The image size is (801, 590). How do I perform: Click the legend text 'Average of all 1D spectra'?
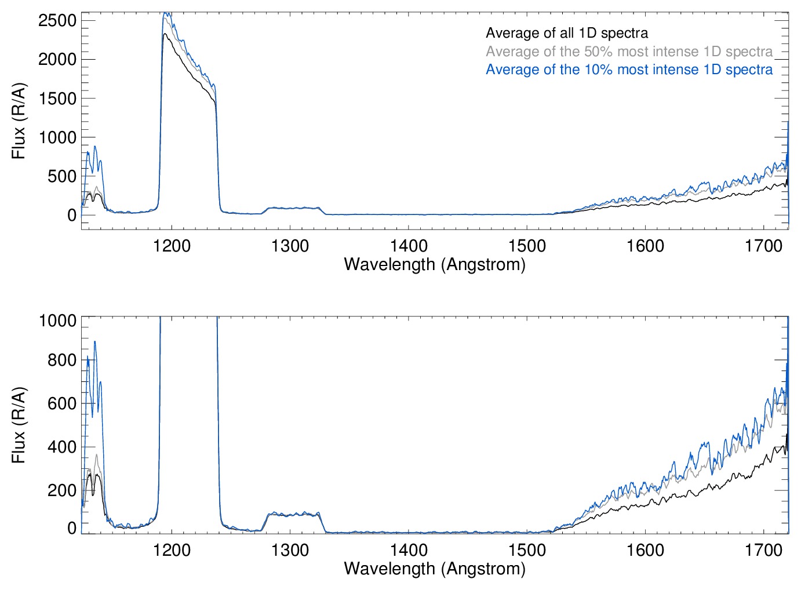pyautogui.click(x=566, y=33)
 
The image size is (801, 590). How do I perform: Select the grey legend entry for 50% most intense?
pyautogui.click(x=629, y=52)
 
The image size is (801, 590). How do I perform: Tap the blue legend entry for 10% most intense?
pyautogui.click(x=629, y=70)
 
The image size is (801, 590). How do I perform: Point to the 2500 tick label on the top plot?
pyautogui.click(x=57, y=20)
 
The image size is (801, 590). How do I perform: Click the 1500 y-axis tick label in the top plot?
pyautogui.click(x=57, y=99)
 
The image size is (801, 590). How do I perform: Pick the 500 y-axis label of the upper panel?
pyautogui.click(x=62, y=176)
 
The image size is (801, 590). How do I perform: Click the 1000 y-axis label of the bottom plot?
pyautogui.click(x=57, y=321)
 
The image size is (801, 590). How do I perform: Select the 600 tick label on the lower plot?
pyautogui.click(x=62, y=403)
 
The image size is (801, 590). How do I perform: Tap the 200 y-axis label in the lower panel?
pyautogui.click(x=62, y=490)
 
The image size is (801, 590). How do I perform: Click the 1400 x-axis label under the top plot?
pyautogui.click(x=409, y=246)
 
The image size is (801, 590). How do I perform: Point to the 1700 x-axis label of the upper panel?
pyautogui.click(x=763, y=246)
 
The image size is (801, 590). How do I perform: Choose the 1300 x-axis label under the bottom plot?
pyautogui.click(x=290, y=550)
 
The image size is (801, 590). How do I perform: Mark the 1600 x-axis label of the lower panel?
pyautogui.click(x=645, y=550)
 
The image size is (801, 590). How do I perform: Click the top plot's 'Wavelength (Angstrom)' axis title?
pyautogui.click(x=435, y=264)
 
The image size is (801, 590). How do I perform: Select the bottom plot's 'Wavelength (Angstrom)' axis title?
pyautogui.click(x=435, y=569)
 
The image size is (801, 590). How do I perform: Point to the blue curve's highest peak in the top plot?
pyautogui.click(x=166, y=13)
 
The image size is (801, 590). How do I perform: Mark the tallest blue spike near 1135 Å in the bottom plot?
pyautogui.click(x=94, y=341)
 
